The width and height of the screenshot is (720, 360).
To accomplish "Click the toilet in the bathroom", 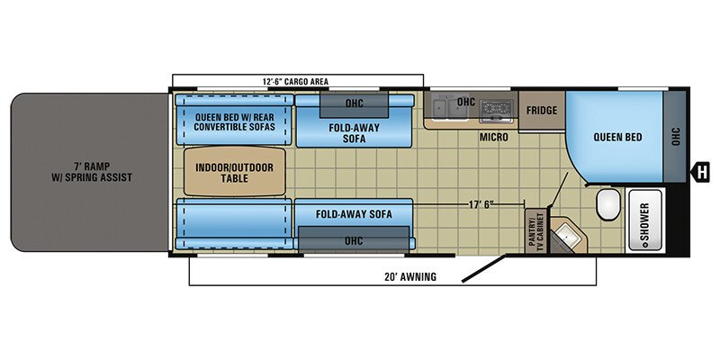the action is [x=608, y=205].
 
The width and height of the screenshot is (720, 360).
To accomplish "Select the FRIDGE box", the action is [x=542, y=111].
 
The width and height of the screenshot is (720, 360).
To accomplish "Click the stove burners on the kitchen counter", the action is [x=495, y=110].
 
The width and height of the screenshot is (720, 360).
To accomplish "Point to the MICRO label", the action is [x=493, y=138].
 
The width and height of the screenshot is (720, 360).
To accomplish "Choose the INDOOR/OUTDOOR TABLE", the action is [x=235, y=172].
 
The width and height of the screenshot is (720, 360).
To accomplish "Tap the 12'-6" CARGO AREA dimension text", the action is [x=295, y=82].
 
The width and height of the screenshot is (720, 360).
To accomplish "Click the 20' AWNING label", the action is [x=410, y=277].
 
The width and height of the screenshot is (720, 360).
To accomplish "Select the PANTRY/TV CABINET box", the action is [x=535, y=230].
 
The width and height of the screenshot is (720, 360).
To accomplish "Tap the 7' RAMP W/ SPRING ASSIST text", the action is [x=92, y=172].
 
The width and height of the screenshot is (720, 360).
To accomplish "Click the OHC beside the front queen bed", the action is [x=674, y=136].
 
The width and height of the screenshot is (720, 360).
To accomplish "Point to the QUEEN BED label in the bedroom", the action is [x=617, y=137].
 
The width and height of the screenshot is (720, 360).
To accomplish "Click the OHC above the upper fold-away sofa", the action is [x=354, y=104].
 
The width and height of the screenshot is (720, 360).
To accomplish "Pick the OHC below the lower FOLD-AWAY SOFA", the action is [x=354, y=239].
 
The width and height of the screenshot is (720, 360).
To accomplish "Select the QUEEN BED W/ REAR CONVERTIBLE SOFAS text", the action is [x=234, y=122].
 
